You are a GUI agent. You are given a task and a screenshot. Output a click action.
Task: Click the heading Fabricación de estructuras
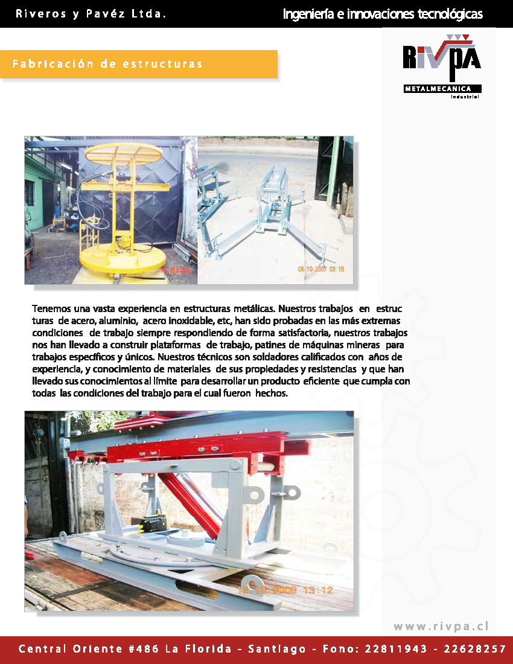tap(107, 64)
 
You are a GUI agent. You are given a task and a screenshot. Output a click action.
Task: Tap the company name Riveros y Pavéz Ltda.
tap(91, 14)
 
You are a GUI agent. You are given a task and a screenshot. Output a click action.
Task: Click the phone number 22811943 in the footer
tap(395, 650)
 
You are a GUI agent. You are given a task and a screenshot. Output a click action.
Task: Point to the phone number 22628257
tap(474, 650)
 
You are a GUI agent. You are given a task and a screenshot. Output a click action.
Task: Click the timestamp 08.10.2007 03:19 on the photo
tap(321, 269)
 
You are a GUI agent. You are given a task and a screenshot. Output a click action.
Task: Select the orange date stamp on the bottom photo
tap(284, 590)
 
